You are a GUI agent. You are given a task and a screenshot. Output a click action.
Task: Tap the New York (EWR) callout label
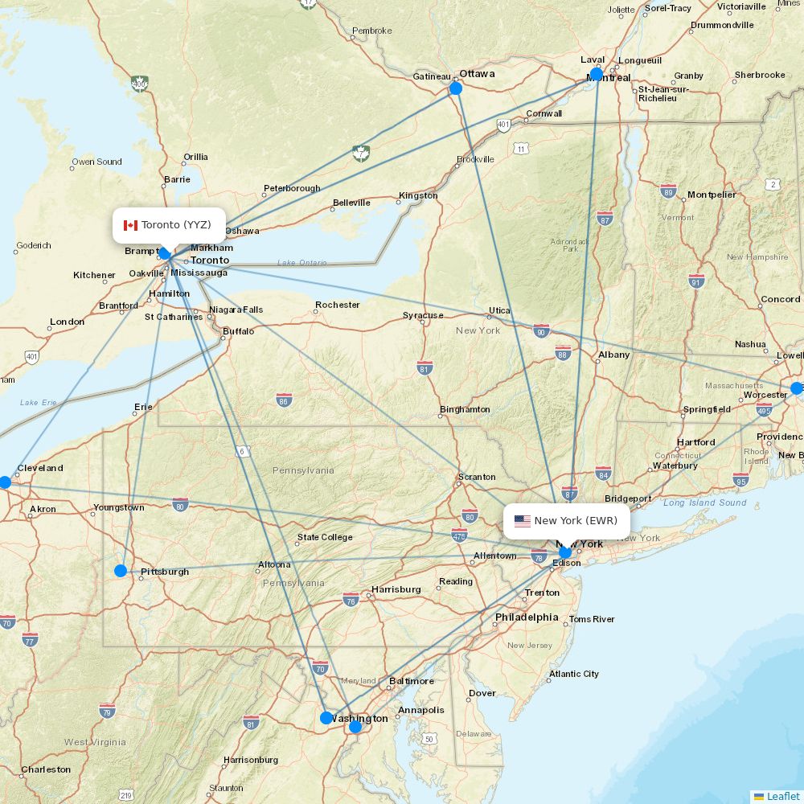point(567,521)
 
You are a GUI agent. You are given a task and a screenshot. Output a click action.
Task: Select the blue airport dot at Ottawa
point(456,88)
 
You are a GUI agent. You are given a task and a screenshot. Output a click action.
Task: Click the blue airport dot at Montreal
point(597,75)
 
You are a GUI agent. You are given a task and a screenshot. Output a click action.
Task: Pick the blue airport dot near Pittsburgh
point(121,571)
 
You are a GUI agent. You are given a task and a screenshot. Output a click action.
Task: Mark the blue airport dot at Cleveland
point(5,482)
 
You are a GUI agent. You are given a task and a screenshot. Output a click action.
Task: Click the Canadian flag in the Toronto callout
point(130,225)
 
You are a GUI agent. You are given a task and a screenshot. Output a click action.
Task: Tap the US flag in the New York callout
point(523,521)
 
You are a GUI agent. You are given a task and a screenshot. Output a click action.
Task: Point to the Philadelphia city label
point(527,617)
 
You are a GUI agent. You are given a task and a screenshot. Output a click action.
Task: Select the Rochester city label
point(338,305)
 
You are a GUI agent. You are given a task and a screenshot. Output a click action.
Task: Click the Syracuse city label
point(423,315)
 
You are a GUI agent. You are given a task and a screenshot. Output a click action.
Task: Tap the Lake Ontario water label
point(302,262)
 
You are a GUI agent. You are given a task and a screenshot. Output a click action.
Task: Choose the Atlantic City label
point(574,674)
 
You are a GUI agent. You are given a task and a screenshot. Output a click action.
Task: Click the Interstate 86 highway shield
point(284,400)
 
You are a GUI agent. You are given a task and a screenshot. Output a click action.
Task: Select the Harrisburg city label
point(396,589)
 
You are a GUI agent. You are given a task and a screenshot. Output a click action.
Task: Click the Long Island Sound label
point(705,503)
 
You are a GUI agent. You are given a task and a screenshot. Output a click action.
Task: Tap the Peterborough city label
point(292,188)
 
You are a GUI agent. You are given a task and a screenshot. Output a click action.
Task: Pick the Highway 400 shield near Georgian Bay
point(140,84)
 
